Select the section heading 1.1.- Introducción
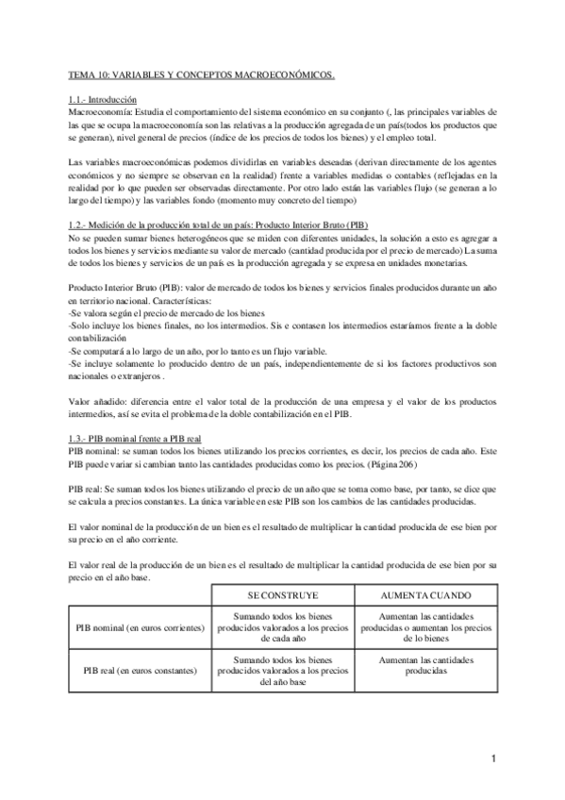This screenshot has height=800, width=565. [x=103, y=98]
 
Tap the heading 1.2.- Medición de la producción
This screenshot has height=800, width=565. [x=220, y=227]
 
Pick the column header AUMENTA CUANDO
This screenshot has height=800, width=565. [x=425, y=597]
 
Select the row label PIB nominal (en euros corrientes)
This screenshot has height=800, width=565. [x=140, y=626]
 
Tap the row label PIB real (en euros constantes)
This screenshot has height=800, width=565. [x=140, y=671]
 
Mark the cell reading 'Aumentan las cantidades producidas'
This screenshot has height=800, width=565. [x=425, y=665]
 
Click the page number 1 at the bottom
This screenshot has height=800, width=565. [x=493, y=758]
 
